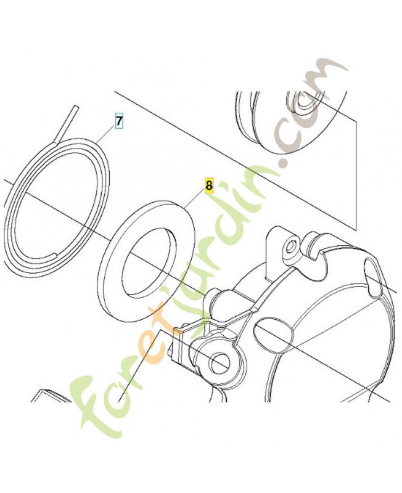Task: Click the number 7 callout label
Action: (x=118, y=121)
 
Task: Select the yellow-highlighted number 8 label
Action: (x=209, y=185)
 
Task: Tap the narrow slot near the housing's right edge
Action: (x=374, y=279)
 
